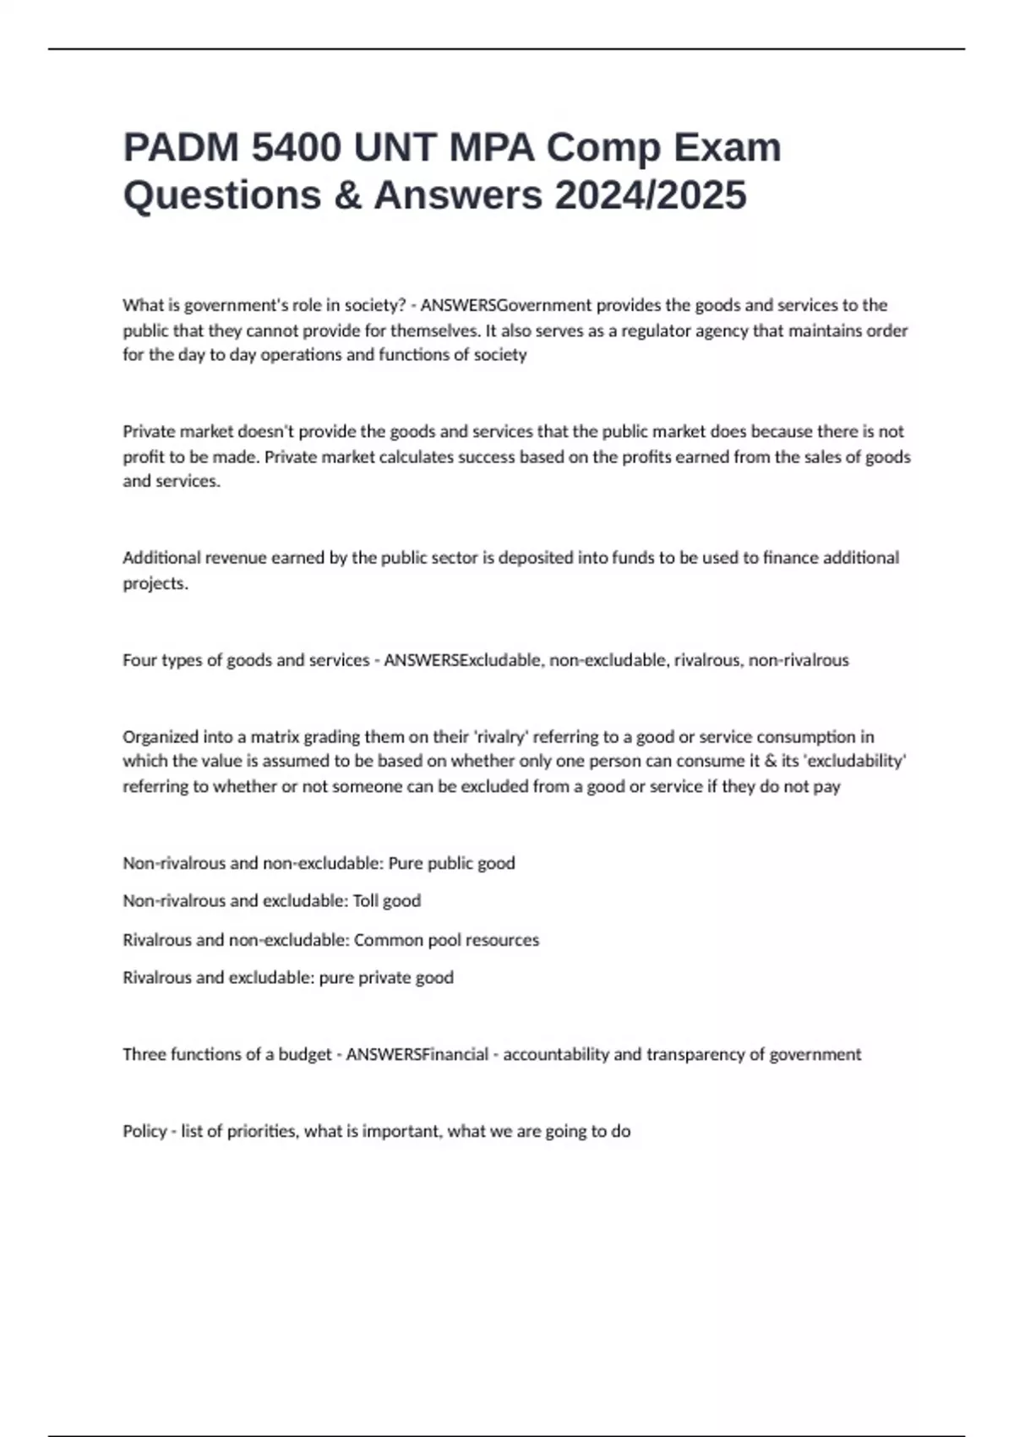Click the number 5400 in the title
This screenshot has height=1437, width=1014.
tap(296, 148)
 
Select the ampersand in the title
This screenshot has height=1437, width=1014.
tap(346, 195)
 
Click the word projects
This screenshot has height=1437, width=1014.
tap(155, 583)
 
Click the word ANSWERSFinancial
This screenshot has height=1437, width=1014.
tap(417, 1055)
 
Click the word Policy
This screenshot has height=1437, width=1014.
tap(144, 1132)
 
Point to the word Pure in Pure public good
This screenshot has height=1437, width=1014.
tap(405, 864)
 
